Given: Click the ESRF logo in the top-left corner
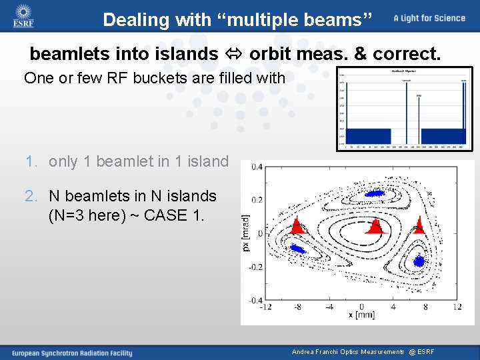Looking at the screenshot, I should tap(23, 17).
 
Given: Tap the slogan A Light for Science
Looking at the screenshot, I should tap(429, 18).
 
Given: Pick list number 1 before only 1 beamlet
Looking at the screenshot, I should tap(30, 161).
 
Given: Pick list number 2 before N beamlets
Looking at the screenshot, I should tap(30, 196).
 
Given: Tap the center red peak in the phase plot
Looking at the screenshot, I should tap(375, 227).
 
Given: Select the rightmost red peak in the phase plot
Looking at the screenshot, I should tap(419, 225).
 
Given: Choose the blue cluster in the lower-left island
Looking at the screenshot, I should tap(297, 249).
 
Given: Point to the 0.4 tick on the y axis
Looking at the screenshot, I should tap(256, 167).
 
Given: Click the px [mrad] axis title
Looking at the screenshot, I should tap(247, 233).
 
